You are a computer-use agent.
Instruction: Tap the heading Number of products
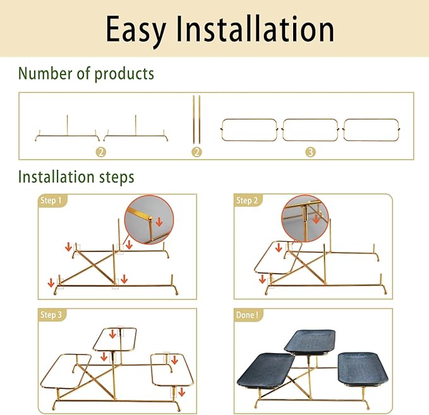click(x=86, y=74)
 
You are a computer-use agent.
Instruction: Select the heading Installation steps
click(x=76, y=177)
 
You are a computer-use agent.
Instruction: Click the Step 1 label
click(x=51, y=200)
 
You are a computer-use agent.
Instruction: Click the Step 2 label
click(x=247, y=200)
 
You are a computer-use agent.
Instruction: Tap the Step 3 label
click(x=51, y=315)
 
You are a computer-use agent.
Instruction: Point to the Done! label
click(x=247, y=315)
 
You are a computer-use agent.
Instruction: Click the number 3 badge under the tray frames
click(x=310, y=152)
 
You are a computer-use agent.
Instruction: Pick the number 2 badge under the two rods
click(x=196, y=152)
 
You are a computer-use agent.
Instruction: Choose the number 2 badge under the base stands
click(x=101, y=152)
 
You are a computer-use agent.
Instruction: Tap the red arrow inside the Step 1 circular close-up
click(x=159, y=222)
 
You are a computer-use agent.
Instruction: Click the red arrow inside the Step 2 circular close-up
click(x=317, y=219)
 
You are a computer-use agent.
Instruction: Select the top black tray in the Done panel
click(x=310, y=342)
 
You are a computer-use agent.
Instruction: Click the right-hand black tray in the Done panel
click(x=363, y=369)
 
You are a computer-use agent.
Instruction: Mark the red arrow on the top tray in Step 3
click(x=112, y=334)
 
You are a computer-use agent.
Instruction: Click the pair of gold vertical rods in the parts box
click(x=196, y=120)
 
